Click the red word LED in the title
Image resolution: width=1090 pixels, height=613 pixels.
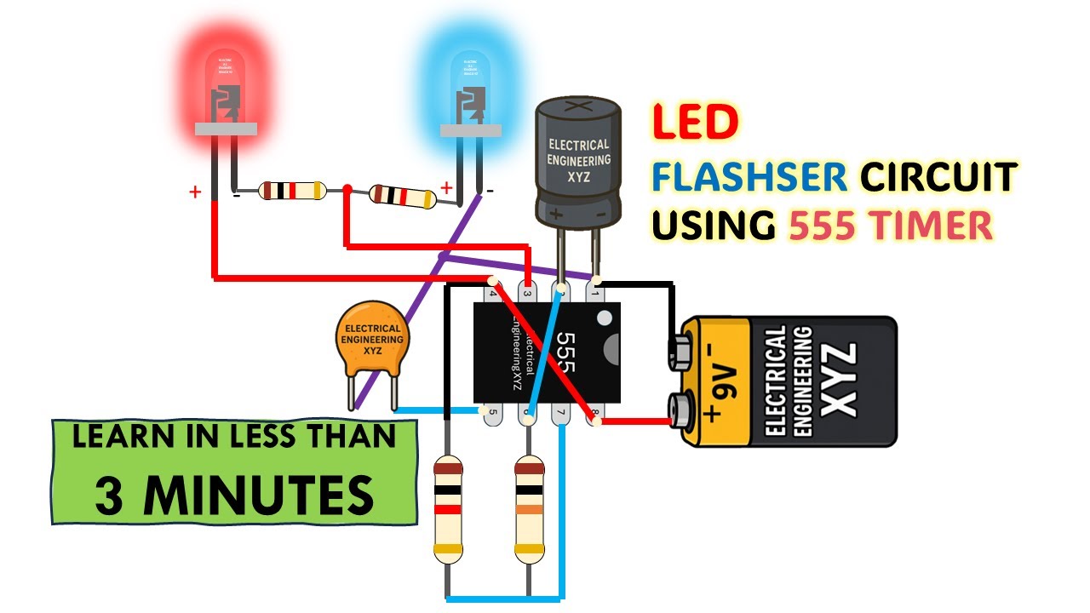695,123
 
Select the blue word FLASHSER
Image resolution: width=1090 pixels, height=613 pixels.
749,176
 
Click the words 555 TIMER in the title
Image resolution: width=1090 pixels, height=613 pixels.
891,226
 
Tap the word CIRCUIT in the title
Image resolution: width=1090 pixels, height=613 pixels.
938,176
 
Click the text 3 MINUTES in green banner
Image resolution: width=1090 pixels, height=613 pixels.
234,495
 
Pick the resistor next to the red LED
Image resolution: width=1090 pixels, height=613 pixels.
292,190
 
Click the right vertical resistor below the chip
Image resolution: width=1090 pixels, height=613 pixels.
528,509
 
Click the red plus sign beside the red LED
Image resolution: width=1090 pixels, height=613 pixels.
195,192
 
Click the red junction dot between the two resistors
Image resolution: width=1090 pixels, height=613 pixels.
347,189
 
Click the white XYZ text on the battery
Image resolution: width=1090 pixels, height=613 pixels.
839,380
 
